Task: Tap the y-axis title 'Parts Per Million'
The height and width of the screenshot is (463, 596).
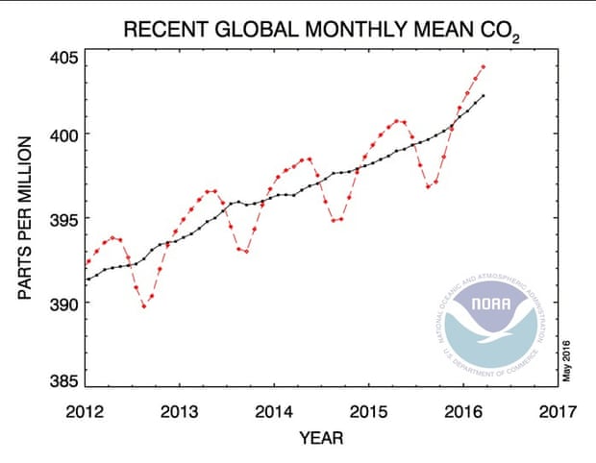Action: (26, 218)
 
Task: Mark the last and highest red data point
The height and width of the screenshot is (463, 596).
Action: (483, 67)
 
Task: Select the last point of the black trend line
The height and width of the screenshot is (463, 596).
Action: (483, 95)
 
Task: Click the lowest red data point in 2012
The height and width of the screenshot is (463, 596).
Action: (144, 305)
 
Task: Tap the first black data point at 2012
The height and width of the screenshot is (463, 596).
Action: (87, 279)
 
